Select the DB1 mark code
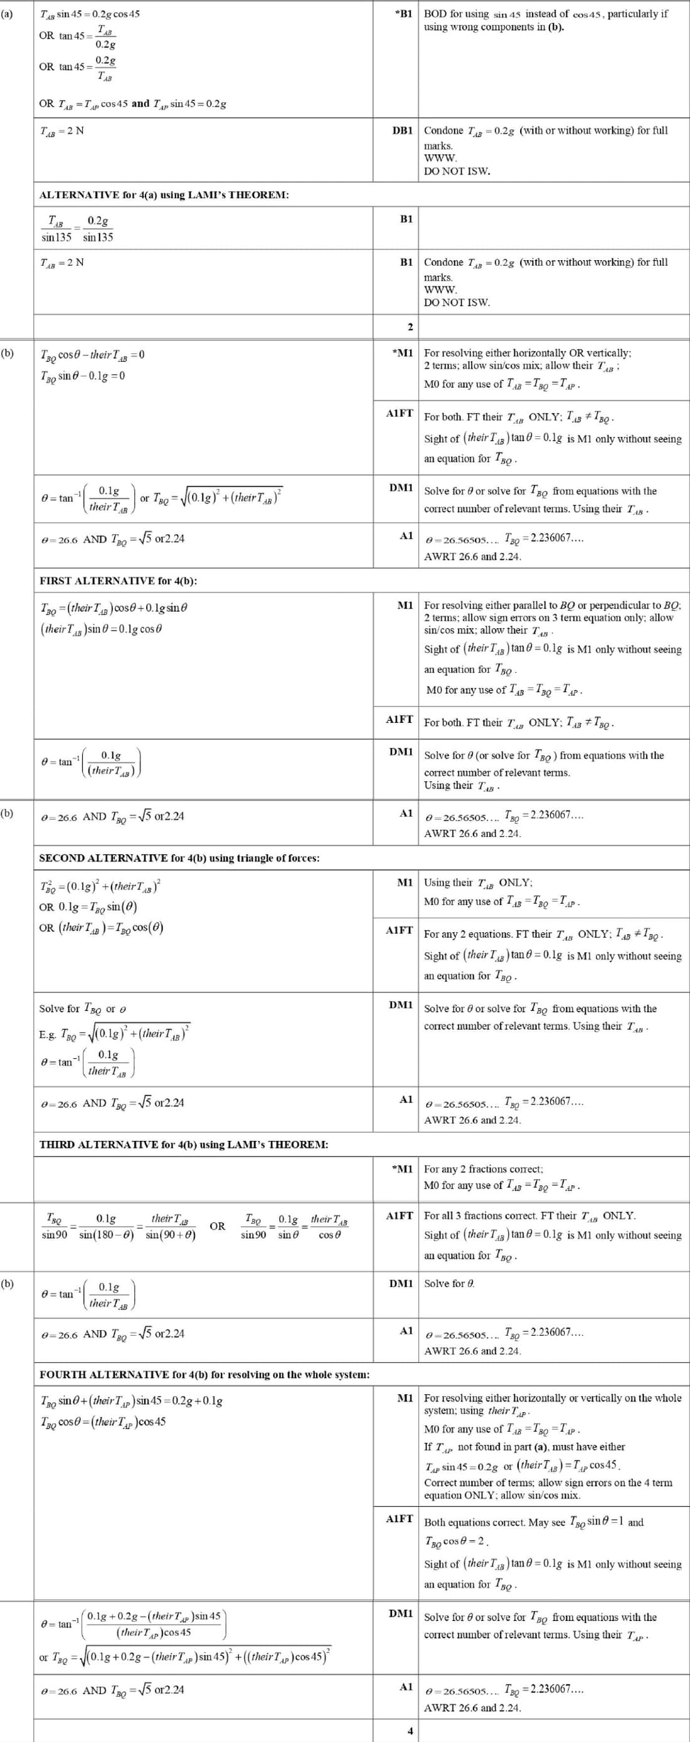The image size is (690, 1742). tap(403, 130)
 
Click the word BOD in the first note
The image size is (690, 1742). tap(436, 14)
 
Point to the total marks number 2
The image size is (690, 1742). tap(409, 327)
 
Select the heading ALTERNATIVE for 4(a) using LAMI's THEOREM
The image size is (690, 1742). tap(164, 195)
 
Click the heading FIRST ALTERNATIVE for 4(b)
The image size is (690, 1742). tap(119, 581)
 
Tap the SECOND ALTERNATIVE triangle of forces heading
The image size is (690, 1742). tap(179, 858)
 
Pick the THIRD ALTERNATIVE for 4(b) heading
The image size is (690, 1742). tap(183, 1145)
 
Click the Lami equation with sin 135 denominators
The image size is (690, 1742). tap(77, 229)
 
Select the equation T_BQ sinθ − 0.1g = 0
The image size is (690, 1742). tap(83, 376)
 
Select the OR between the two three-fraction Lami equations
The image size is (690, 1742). tap(217, 1226)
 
